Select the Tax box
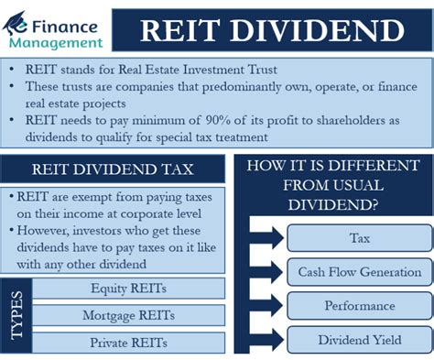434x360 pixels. coord(360,238)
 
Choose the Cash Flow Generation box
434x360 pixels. coord(360,272)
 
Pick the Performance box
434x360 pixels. coord(360,306)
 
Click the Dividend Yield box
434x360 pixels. coord(360,340)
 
